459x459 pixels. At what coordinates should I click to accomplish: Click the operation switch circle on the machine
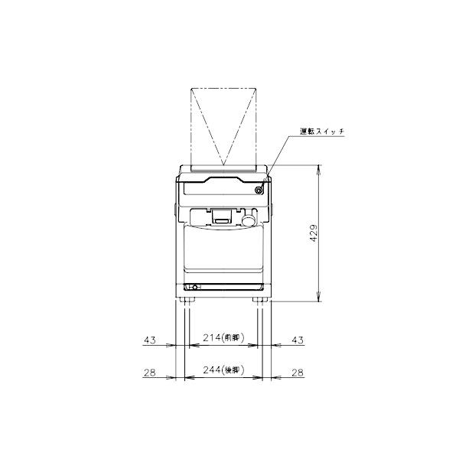coord(260,189)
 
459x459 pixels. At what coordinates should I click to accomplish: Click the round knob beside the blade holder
coord(248,221)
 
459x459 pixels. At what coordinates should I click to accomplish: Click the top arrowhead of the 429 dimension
coord(317,168)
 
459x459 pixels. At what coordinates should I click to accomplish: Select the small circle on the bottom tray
coord(194,288)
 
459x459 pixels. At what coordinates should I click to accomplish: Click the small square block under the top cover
coord(222,216)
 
